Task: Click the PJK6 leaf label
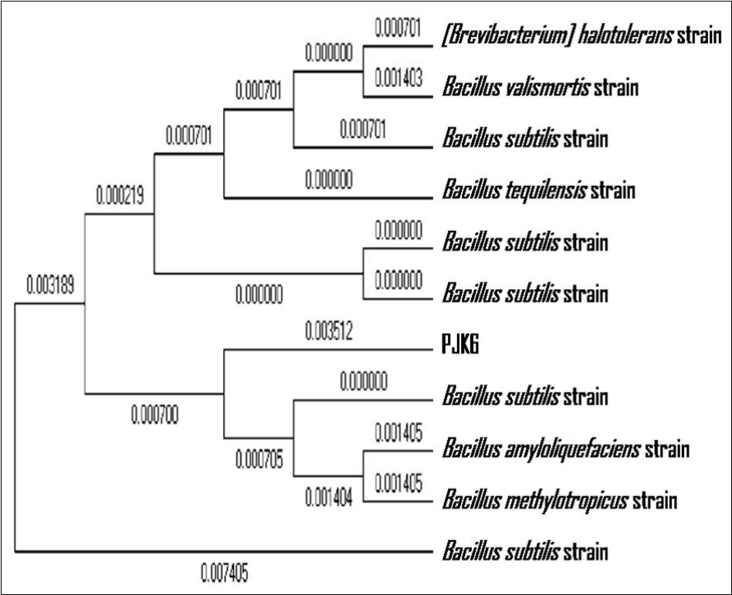(x=460, y=347)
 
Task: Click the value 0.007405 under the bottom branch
(x=225, y=573)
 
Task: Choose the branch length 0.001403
(x=398, y=78)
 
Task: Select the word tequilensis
(x=547, y=190)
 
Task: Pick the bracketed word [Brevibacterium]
(x=499, y=35)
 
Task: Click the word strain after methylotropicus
(x=655, y=501)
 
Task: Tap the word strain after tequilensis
(x=612, y=190)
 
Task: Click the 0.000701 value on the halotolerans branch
(x=398, y=28)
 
